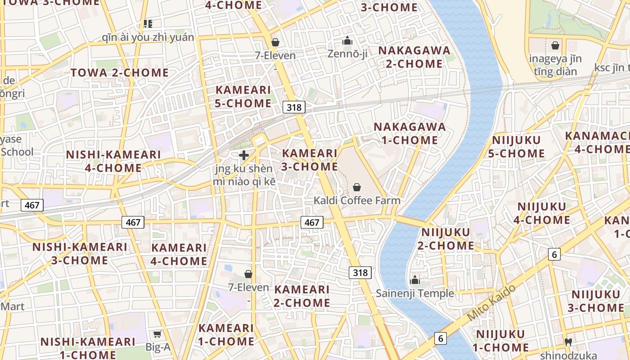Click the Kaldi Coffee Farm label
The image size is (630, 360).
coord(357,200)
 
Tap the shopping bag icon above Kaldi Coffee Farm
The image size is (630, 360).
coord(357,187)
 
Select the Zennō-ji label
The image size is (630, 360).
coord(347,54)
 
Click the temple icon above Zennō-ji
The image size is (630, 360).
coord(347,41)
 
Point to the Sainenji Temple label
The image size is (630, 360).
coord(415,293)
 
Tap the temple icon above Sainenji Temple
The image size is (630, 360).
coord(415,280)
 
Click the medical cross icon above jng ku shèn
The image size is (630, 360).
coord(244,156)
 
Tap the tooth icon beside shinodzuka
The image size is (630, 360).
coord(568,342)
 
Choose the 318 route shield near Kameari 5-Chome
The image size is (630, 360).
coord(294,107)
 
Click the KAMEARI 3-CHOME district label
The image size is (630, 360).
coord(310,160)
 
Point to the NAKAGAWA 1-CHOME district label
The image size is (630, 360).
coord(409,133)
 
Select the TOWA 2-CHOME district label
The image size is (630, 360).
coord(120,72)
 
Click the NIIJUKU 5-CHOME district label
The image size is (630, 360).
coord(517,147)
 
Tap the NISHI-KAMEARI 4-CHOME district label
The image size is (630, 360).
coord(113,161)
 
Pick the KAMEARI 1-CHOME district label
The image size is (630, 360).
coord(226,334)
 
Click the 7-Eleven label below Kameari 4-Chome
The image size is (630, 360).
coord(248,287)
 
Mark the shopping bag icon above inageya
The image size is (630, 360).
coord(555,45)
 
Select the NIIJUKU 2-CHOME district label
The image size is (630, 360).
coord(446,239)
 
